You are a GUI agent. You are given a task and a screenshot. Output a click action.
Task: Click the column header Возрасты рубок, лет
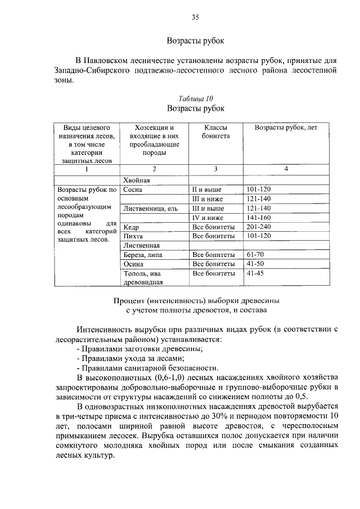tap(286, 128)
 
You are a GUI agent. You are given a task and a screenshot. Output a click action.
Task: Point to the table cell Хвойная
tap(137, 181)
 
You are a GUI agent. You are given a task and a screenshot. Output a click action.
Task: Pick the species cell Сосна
tap(133, 190)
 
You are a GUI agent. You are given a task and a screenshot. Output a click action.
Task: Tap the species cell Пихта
tap(133, 236)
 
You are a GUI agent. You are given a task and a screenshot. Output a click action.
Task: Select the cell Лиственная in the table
tap(141, 245)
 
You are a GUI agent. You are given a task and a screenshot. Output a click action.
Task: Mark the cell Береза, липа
tap(144, 255)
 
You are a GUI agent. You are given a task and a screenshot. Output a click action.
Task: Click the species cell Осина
tap(134, 264)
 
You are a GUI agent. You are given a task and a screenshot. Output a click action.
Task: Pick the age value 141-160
tap(259, 217)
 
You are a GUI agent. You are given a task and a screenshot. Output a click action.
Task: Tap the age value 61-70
tap(255, 254)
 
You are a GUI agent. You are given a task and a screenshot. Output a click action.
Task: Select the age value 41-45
tap(255, 273)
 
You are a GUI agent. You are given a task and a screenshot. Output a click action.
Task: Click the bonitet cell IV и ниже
tap(208, 217)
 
